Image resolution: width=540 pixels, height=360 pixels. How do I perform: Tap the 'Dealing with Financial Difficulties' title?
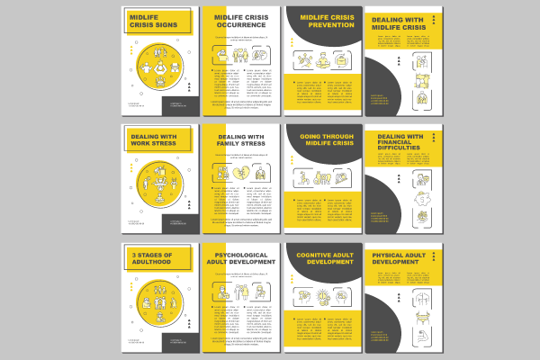point(400,146)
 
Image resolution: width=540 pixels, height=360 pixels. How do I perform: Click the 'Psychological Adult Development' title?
point(241,259)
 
